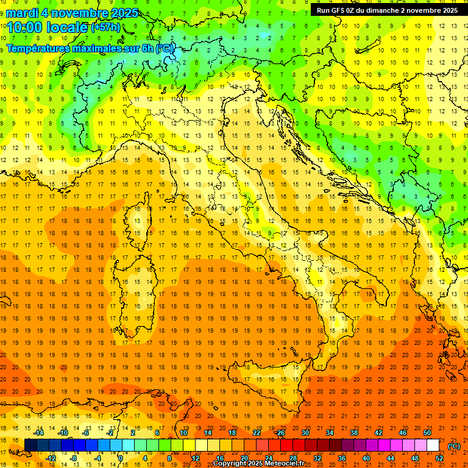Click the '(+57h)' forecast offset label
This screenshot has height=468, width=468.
pos(105,27)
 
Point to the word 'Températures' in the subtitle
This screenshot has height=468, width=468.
pos(37,48)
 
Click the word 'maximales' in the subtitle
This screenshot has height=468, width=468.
pos(100,48)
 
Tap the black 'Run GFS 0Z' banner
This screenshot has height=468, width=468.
pos(388,10)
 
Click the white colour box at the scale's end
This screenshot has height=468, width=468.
pos(433,445)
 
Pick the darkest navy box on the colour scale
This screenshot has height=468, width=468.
pos(30,445)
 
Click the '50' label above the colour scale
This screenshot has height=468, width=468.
pos(427,432)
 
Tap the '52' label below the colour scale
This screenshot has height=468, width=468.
pos(439,458)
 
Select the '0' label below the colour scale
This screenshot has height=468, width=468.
pos(121,458)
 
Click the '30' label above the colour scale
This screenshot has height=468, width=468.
pos(305,432)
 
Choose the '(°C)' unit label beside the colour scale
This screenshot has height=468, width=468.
pos(454,447)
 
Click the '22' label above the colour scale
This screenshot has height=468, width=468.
pos(256,432)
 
